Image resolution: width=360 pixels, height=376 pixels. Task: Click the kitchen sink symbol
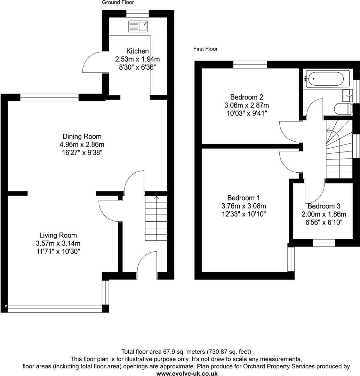click(x=138, y=26)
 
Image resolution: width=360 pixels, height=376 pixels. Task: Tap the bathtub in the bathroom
click(x=324, y=78)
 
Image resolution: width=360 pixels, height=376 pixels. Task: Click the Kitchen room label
click(x=137, y=51)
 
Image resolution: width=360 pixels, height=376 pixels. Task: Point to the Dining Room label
click(x=82, y=136)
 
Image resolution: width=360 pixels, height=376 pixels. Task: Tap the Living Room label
click(x=58, y=235)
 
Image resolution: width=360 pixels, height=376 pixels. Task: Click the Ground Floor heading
click(x=118, y=2)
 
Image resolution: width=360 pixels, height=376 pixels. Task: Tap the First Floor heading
click(x=205, y=49)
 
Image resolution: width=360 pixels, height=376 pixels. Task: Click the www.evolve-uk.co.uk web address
click(x=187, y=373)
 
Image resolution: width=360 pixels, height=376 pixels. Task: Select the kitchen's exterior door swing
click(x=93, y=63)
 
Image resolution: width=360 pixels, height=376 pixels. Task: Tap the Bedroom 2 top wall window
click(x=250, y=64)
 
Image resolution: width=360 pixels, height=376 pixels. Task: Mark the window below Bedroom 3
click(x=323, y=243)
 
